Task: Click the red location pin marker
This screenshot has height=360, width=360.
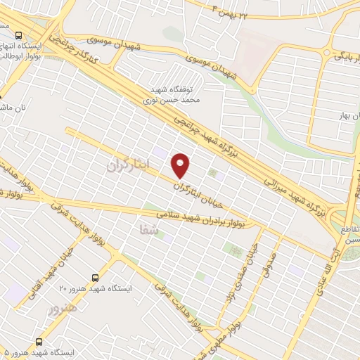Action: pos(181,165)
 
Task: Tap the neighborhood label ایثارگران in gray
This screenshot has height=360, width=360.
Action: pos(120,166)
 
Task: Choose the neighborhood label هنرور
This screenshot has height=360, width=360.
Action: pos(61,308)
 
